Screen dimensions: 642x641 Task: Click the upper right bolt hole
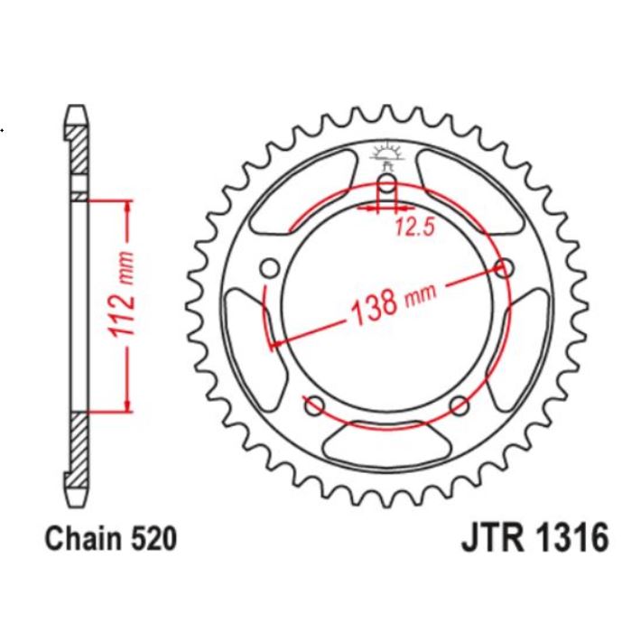(505, 267)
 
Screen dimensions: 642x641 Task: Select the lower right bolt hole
(458, 404)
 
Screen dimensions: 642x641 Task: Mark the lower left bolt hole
(315, 405)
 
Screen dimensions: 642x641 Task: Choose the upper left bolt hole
(269, 268)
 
